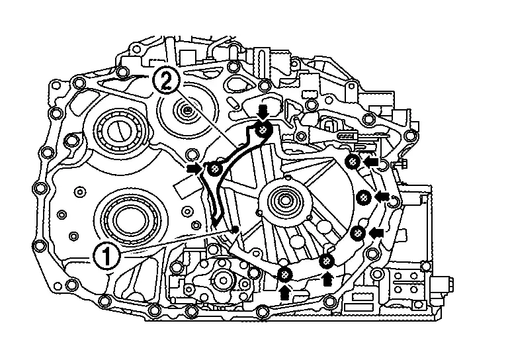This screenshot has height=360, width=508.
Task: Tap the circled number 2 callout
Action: coord(165,82)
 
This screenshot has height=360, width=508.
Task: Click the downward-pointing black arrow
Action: coord(263,110)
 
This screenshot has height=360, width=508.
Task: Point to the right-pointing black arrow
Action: coord(194,170)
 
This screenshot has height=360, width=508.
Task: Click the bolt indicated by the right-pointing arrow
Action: coord(214,171)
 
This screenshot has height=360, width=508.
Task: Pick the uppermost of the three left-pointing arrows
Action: coord(373,161)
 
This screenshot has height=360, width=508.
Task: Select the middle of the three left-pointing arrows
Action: coord(382,197)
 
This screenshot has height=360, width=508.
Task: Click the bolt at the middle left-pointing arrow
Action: coord(364,197)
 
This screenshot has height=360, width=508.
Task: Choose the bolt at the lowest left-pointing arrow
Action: coord(358,233)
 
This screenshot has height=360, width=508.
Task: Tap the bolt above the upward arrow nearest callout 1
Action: coord(284,274)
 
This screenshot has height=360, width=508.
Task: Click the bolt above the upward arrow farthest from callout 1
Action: coord(327,262)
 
